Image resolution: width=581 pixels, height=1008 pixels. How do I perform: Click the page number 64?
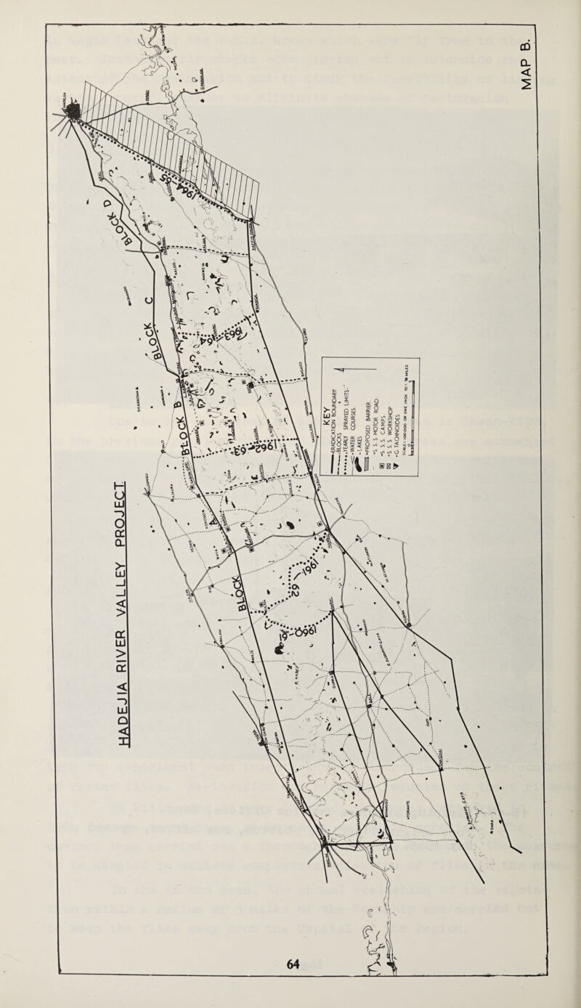pyautogui.click(x=293, y=963)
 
